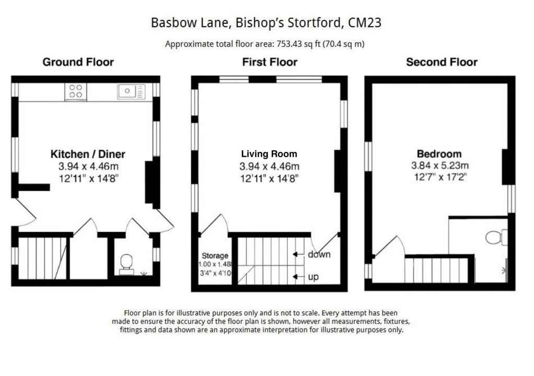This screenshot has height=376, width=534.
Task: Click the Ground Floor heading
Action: (x=78, y=62)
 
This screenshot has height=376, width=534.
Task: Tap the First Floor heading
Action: (x=269, y=62)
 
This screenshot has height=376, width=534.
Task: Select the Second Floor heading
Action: (x=442, y=62)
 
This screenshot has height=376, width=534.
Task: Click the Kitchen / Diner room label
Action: (x=88, y=154)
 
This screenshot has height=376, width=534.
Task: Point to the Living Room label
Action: (x=269, y=154)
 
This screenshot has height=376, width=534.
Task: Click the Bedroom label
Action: (x=439, y=154)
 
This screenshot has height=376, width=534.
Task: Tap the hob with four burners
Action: (x=76, y=91)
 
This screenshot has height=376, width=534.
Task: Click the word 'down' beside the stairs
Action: (x=319, y=254)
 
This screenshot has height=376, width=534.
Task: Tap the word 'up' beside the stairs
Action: (x=313, y=277)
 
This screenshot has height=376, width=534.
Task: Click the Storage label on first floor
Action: (x=215, y=256)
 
